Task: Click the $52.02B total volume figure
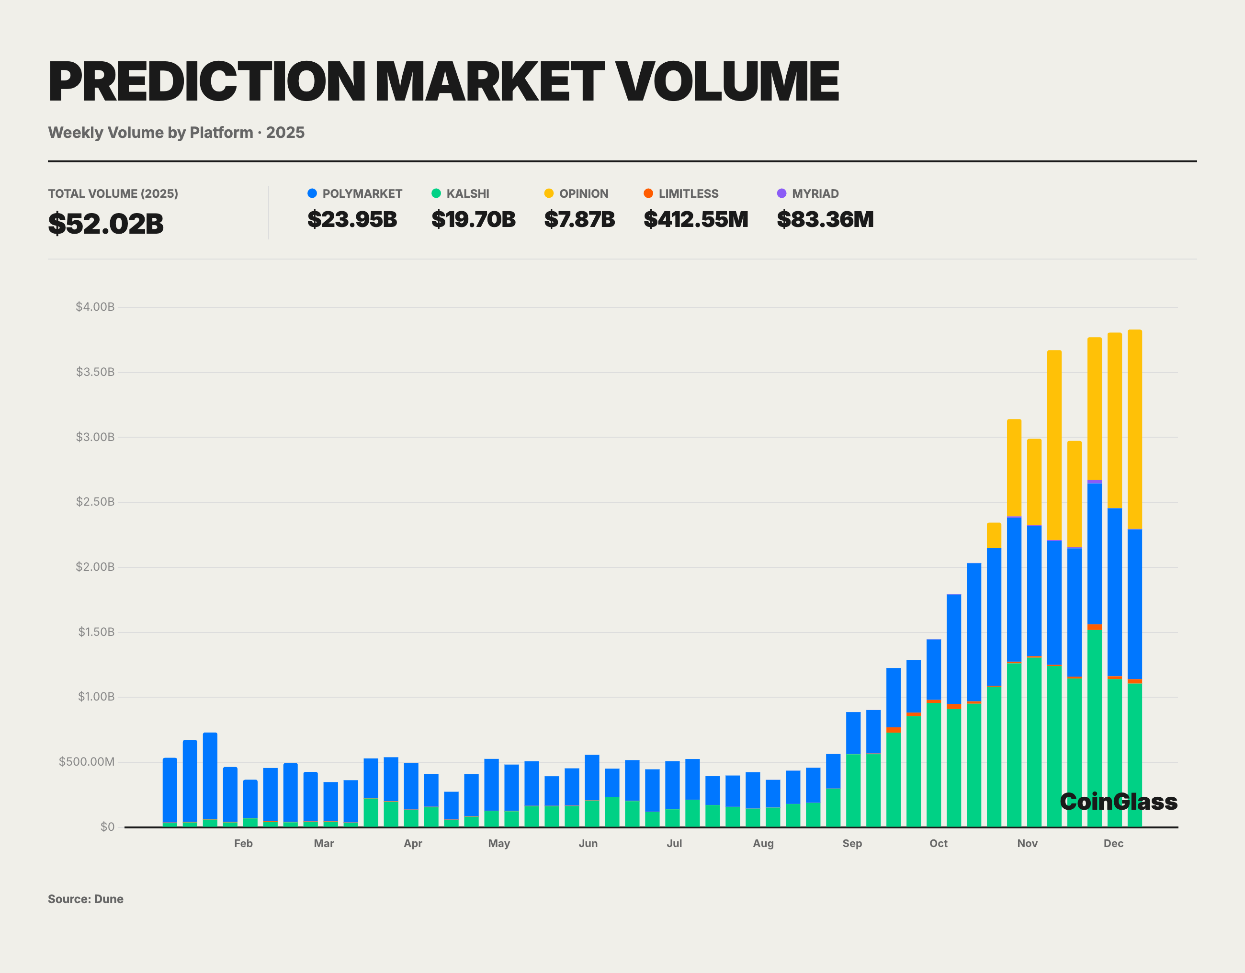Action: pos(105,224)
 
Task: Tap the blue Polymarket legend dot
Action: pos(312,193)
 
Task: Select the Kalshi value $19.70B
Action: pos(473,219)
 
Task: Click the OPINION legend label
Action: pos(583,194)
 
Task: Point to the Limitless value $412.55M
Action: pos(695,219)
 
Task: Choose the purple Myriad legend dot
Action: pos(781,193)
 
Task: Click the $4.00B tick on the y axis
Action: pos(95,306)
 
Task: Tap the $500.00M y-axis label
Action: pos(87,761)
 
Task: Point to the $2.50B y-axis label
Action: pos(95,502)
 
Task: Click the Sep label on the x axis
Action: pos(852,843)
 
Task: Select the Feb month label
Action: pos(243,843)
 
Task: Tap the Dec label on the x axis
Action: pos(1113,843)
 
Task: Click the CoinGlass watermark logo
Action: pos(1118,802)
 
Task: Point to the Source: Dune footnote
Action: pos(86,899)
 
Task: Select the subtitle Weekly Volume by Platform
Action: pos(150,132)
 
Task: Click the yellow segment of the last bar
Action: pos(1134,428)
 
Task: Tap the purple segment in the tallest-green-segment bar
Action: pos(1094,482)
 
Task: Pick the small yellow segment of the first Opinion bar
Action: pos(994,535)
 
